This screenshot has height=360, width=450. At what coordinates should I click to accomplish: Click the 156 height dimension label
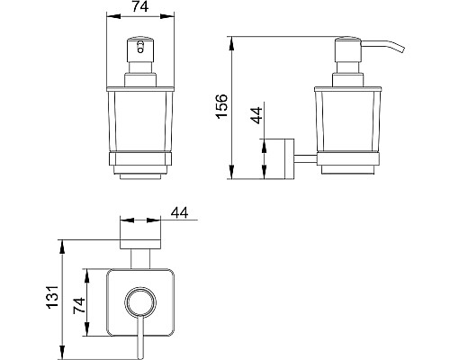(222, 106)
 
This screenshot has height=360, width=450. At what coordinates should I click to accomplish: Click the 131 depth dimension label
(53, 297)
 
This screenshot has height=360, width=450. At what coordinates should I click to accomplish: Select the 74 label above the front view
(140, 6)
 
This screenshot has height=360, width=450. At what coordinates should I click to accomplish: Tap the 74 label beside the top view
(79, 306)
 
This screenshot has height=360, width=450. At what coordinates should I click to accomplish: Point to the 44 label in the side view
(256, 115)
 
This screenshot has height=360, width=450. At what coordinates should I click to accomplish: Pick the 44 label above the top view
(179, 212)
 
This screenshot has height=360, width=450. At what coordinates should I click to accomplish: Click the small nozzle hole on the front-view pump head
(140, 47)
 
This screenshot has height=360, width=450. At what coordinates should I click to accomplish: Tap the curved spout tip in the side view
(401, 49)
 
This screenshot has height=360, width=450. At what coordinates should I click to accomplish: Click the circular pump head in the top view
(140, 302)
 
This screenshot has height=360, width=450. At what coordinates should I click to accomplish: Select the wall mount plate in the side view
(289, 158)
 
